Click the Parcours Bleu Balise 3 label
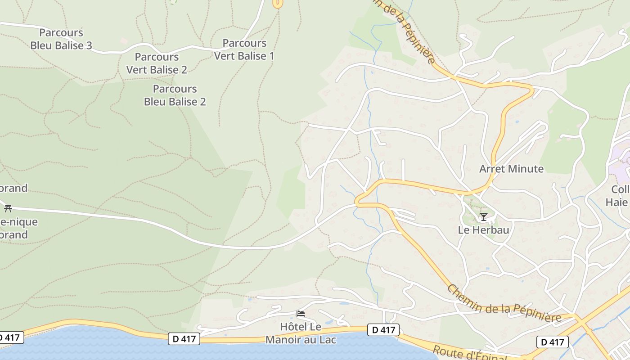[61, 39]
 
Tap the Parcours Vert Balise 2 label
[157, 63]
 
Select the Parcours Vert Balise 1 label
[244, 50]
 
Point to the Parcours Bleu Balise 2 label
[175, 95]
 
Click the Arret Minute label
[511, 169]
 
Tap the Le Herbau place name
[483, 230]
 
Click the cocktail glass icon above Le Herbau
[483, 217]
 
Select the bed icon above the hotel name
[301, 314]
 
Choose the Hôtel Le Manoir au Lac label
[301, 333]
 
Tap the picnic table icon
[8, 208]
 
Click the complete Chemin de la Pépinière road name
[504, 304]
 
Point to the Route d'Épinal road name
[468, 353]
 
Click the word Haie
[616, 202]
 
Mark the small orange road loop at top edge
[278, 4]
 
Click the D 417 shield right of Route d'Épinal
[552, 342]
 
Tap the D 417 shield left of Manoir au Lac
[184, 338]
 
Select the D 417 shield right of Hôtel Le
[383, 330]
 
